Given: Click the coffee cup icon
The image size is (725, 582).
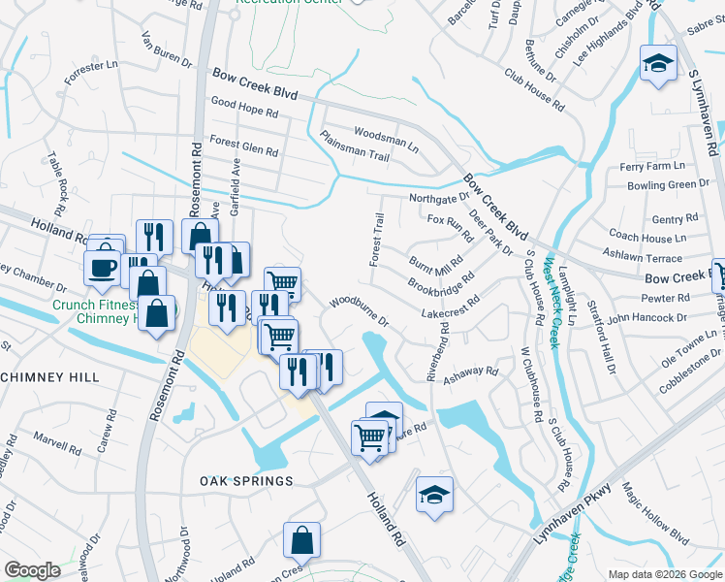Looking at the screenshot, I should (103, 268).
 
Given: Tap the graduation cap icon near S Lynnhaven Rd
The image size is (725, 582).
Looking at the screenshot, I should (658, 64).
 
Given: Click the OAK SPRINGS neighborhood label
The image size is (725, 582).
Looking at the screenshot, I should (246, 481).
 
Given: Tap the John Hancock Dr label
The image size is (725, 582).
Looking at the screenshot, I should (646, 317).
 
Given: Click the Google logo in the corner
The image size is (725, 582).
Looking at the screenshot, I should (32, 570).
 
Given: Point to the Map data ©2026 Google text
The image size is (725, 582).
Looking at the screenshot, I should (664, 574).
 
